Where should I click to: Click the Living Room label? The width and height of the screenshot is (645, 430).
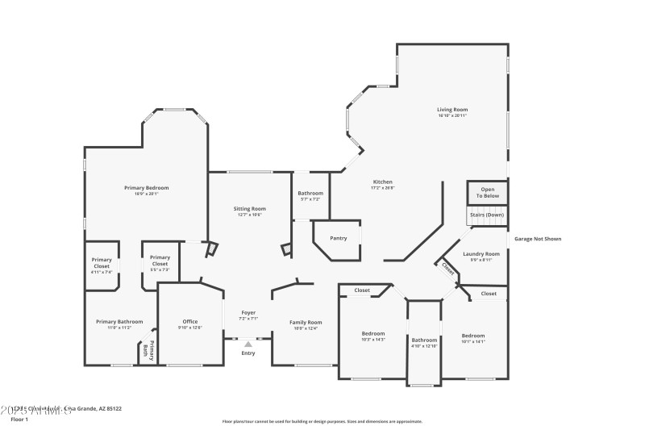(452, 110)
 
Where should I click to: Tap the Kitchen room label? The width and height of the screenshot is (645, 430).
(382, 182)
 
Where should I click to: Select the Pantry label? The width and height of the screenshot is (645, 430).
(338, 238)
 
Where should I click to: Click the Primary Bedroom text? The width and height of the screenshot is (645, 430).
(146, 188)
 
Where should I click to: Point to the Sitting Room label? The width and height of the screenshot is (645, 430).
(250, 209)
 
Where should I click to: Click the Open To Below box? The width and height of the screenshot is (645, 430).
(488, 193)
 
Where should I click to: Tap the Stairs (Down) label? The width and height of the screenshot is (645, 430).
(487, 215)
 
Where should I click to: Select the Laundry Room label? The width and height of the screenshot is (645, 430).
(481, 254)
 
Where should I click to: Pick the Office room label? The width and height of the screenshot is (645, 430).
(189, 322)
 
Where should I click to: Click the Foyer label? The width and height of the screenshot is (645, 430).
(249, 313)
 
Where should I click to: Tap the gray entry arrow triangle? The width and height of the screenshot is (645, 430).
(248, 344)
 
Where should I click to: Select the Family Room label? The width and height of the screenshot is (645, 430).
(306, 323)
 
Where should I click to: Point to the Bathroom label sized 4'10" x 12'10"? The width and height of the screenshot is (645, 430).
(424, 340)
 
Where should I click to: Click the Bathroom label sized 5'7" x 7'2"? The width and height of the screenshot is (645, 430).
(310, 194)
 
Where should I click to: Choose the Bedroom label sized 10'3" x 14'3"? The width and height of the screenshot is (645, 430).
(372, 334)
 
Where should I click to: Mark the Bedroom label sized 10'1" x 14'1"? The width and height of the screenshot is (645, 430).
(473, 336)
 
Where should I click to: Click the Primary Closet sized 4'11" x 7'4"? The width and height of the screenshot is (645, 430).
(102, 263)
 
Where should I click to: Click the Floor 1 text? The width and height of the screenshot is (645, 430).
(19, 420)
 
